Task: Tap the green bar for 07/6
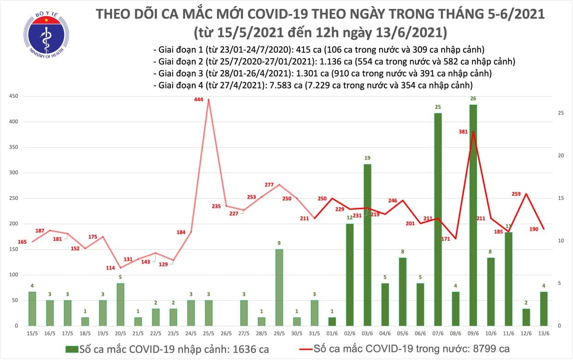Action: click(438, 219)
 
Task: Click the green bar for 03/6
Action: click(367, 245)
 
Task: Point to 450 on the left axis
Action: click(14, 96)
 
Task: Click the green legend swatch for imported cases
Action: click(72, 349)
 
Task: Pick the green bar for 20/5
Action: click(119, 304)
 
